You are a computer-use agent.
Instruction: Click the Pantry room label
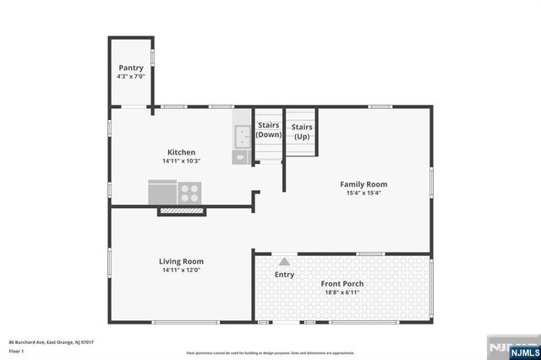pos(130,68)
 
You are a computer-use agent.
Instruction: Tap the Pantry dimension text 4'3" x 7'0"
pos(131,77)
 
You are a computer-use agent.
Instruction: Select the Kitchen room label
pos(181,152)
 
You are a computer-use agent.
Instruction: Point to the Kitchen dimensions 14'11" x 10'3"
pos(181,161)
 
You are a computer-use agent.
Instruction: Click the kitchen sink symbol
pos(242,133)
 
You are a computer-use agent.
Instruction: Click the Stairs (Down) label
pos(269,130)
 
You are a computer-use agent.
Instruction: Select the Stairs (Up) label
pos(302,130)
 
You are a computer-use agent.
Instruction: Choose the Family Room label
pos(363,183)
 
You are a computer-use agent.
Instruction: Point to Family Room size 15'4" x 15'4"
pos(363,193)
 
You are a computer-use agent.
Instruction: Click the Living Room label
pos(181,261)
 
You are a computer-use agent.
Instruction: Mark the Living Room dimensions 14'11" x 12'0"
pos(181,270)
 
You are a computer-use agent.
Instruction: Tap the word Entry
pos(284,275)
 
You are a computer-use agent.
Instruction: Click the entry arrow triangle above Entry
pos(284,262)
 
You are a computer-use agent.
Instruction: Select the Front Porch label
pos(342,283)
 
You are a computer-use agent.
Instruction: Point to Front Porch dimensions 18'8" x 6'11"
pos(342,292)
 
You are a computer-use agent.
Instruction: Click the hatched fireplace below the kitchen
pos(180,210)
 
